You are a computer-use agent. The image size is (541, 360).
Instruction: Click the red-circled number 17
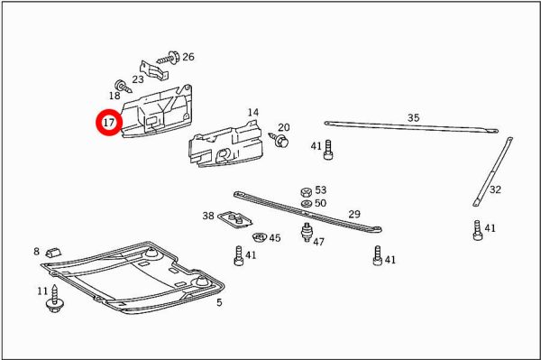tap(109, 122)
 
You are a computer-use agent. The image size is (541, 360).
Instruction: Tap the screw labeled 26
tap(169, 59)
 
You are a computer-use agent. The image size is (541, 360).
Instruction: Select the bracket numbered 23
tap(153, 69)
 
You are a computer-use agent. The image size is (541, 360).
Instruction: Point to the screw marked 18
tap(123, 86)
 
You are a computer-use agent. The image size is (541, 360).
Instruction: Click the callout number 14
tap(252, 113)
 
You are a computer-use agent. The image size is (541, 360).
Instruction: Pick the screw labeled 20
tap(280, 140)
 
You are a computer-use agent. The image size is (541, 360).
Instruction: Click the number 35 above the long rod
tap(413, 117)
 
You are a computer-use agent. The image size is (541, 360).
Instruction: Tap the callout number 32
tap(495, 189)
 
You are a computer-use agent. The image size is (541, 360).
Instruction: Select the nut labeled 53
tap(306, 192)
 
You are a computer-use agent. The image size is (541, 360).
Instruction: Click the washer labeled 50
tap(307, 204)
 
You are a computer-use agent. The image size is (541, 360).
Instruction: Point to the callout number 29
tap(354, 215)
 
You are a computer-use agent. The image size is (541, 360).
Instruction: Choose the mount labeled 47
tap(306, 232)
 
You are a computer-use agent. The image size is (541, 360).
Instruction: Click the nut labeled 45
tap(260, 237)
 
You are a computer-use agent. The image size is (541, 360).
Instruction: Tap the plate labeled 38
tap(236, 220)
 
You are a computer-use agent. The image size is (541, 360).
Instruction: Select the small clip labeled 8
tap(53, 253)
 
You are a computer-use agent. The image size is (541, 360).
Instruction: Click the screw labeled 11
tap(54, 299)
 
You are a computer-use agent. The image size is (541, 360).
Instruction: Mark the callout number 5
tap(219, 302)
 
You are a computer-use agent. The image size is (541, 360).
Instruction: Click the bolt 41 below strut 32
tap(478, 230)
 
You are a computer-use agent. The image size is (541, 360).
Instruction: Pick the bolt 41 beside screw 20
tap(328, 150)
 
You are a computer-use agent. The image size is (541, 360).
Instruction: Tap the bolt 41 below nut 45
tap(239, 255)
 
